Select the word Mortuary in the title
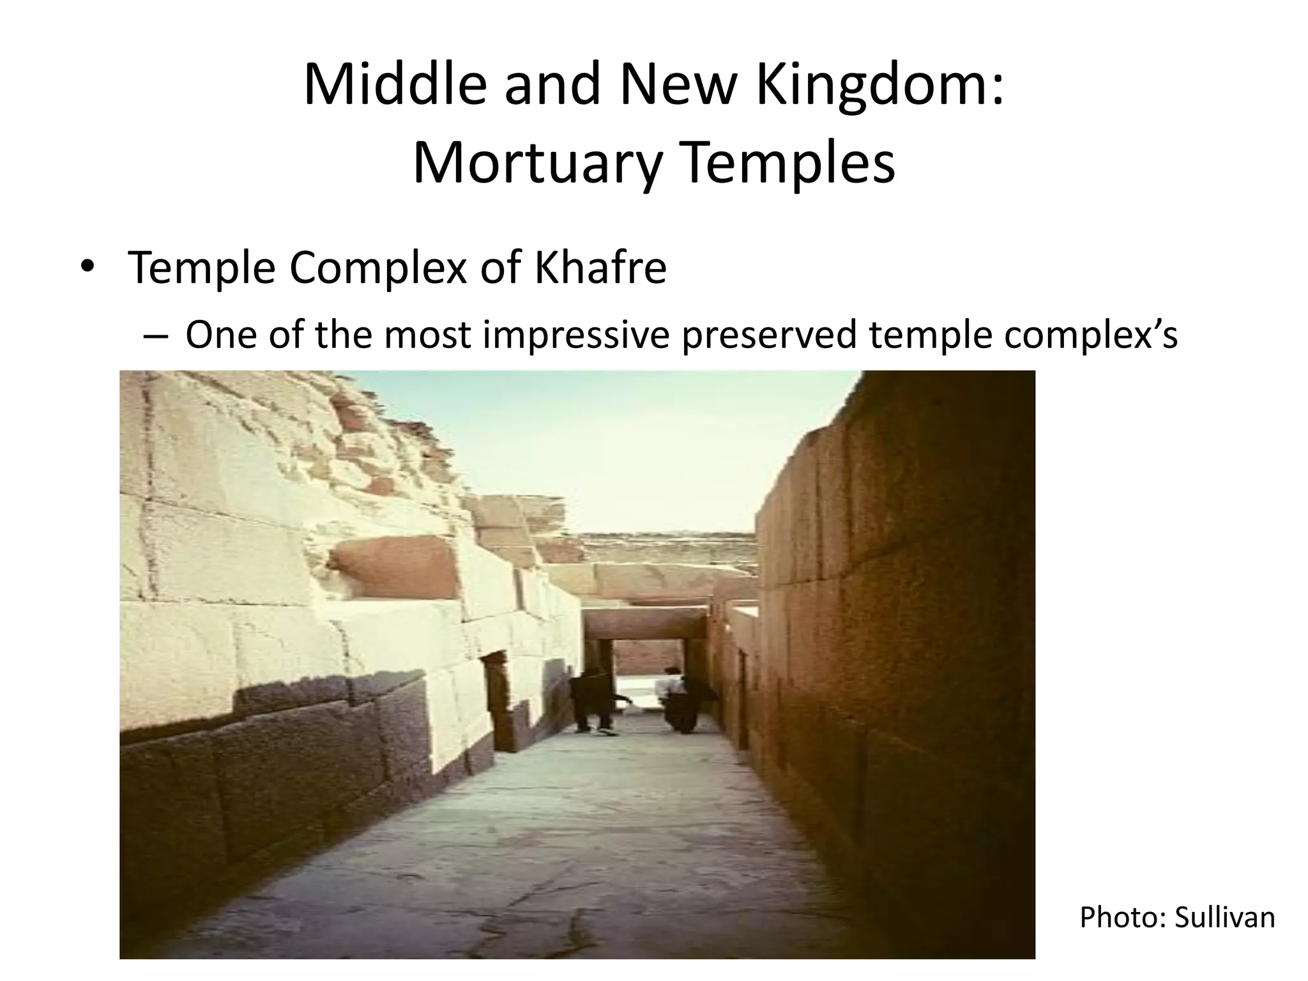click(535, 165)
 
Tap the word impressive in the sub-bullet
click(575, 335)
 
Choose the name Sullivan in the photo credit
click(1224, 918)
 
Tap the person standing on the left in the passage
click(593, 701)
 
